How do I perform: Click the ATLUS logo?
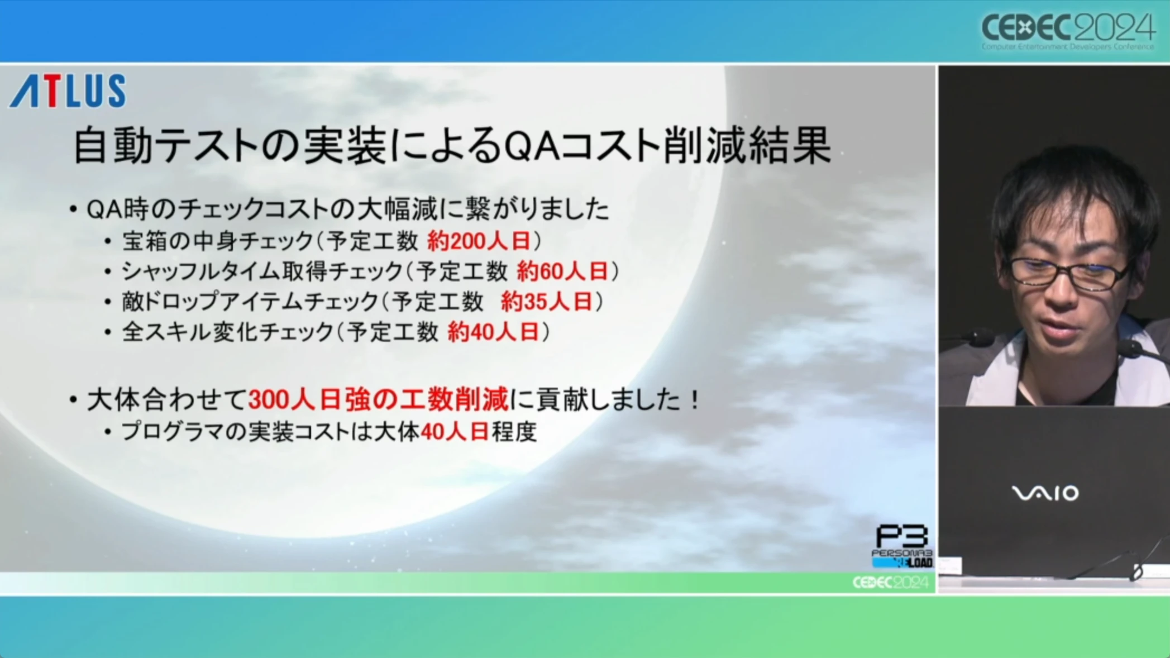coord(68,90)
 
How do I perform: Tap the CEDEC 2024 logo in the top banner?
coord(1068,31)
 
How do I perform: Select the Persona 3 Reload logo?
coord(902,546)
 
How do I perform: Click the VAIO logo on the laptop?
coord(1045,493)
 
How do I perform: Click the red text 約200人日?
coord(479,241)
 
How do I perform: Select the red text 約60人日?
coord(562,271)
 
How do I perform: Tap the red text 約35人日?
coord(547,302)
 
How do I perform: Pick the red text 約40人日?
coord(494,332)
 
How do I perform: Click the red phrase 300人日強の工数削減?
coord(378,400)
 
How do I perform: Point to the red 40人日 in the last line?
coord(455,432)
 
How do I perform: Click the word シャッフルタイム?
coord(200,271)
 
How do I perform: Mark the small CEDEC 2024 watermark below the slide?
coord(890,583)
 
